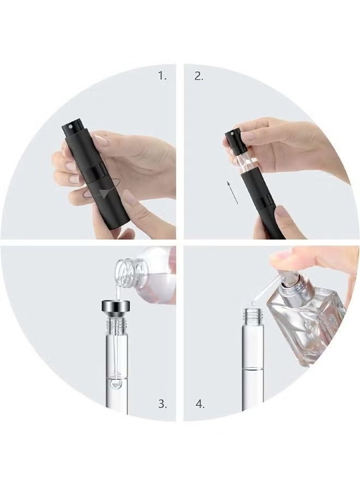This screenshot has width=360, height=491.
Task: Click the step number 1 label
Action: (162, 76)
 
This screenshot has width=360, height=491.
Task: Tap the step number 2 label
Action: (199, 76)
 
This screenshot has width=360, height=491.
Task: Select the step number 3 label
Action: (163, 404)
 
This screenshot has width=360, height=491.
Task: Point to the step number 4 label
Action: (200, 404)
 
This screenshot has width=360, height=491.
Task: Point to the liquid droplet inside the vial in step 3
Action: (116, 384)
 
